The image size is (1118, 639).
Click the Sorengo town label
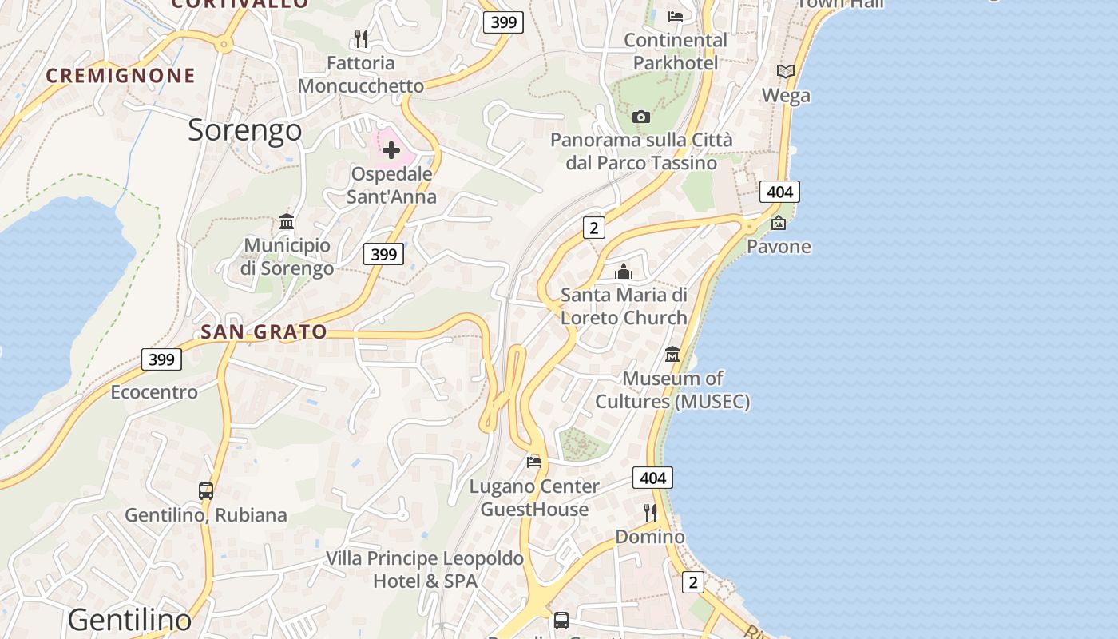click(244, 130)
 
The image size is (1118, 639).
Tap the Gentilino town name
click(129, 620)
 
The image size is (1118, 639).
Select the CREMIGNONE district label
click(121, 76)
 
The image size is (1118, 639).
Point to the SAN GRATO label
click(264, 331)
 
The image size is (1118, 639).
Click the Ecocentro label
click(154, 392)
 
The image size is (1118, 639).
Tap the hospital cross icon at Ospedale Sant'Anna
click(391, 150)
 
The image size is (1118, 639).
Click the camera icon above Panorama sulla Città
click(640, 117)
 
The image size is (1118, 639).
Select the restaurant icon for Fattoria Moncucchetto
click(360, 38)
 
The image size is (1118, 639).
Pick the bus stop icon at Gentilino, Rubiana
click(206, 491)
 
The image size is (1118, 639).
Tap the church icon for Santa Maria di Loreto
click(624, 272)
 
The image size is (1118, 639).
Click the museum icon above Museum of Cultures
click(672, 354)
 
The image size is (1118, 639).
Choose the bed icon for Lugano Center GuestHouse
click(534, 462)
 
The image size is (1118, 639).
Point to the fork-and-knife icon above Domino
click(650, 512)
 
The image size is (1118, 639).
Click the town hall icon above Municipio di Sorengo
click(287, 221)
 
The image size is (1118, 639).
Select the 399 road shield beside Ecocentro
click(161, 359)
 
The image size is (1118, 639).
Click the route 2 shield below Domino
click(693, 582)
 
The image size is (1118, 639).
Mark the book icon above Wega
click(786, 71)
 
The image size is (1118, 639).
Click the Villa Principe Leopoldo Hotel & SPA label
click(424, 570)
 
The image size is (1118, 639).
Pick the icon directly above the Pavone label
click(779, 223)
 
